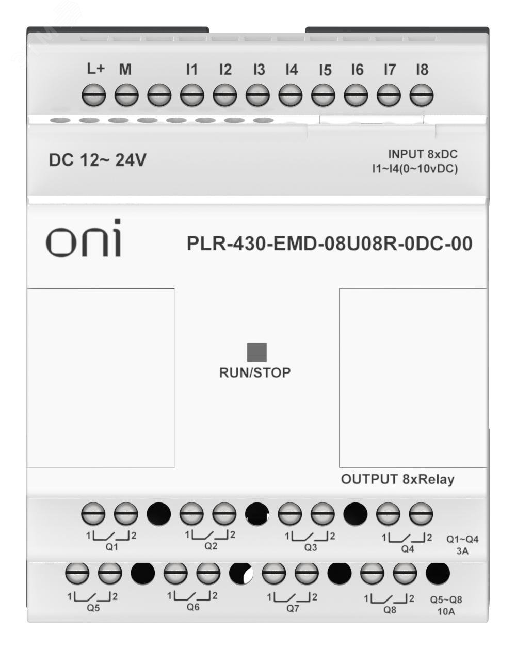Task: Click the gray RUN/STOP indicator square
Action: (257, 352)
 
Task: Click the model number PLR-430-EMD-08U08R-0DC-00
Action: (329, 244)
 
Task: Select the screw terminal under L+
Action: (94, 96)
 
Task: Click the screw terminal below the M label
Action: (126, 96)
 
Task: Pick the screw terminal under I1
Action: (192, 96)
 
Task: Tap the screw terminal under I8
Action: (422, 96)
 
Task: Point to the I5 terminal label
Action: (325, 70)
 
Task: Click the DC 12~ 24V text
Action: (98, 160)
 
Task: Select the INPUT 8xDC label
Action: (423, 154)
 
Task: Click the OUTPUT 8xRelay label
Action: (397, 479)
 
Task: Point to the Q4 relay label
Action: (408, 549)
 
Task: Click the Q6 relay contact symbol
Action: (192, 597)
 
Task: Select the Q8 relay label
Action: (390, 610)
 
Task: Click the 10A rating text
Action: (446, 612)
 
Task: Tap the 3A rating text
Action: (462, 551)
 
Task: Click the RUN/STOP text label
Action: (255, 372)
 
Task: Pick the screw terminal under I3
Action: (257, 96)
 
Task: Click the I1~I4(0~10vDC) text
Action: (415, 169)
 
